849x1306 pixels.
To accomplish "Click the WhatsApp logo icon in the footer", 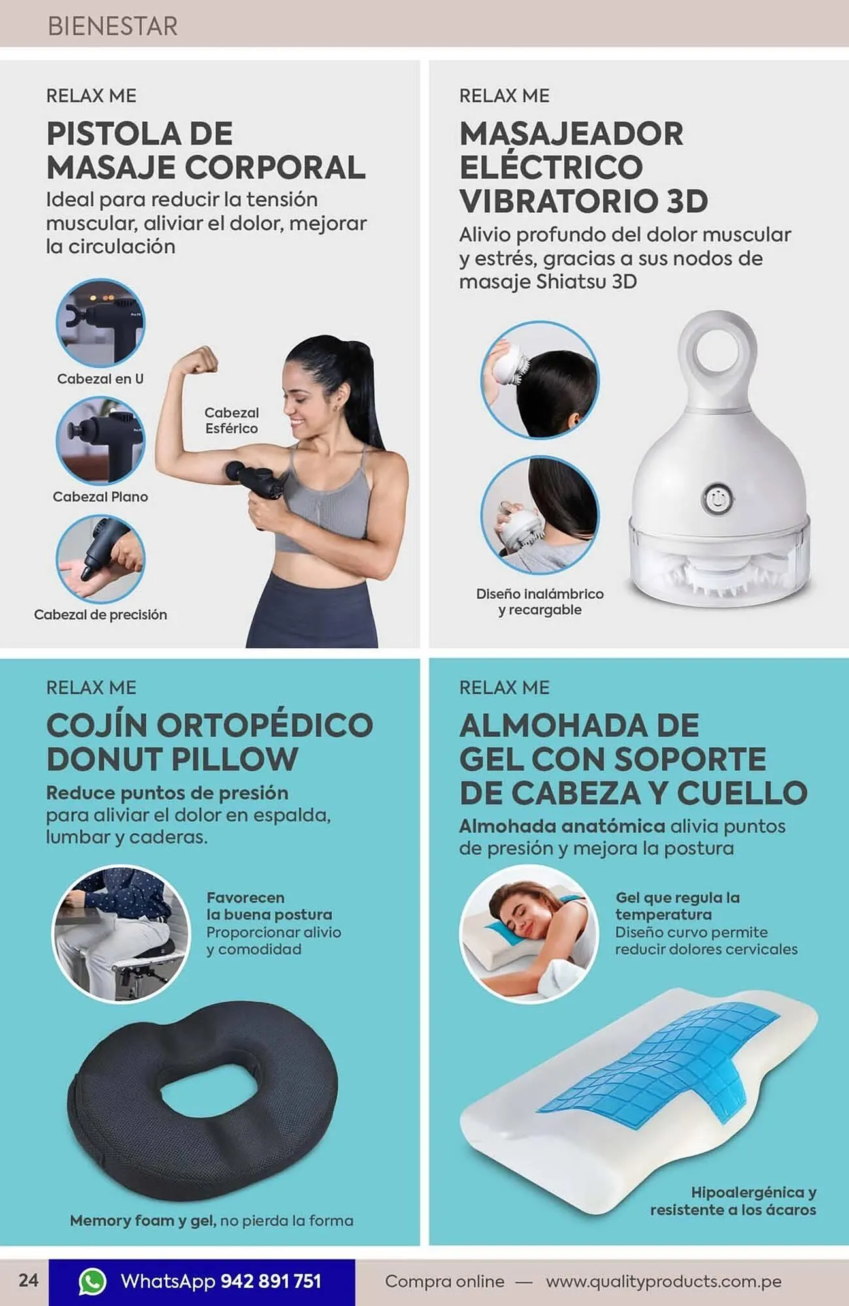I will pyautogui.click(x=92, y=1281).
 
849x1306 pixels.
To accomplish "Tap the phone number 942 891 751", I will pyautogui.click(x=271, y=1281).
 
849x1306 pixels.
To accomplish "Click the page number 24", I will pyautogui.click(x=28, y=1280).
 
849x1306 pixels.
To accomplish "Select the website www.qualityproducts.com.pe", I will pyautogui.click(x=663, y=1281).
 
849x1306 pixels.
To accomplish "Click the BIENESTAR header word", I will pyautogui.click(x=112, y=26).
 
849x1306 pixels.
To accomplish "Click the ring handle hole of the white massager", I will pyautogui.click(x=716, y=353).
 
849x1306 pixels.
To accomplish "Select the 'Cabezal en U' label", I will pyautogui.click(x=100, y=379).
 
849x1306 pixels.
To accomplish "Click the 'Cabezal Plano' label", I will pyautogui.click(x=100, y=497).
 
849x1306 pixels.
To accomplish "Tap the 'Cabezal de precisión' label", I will pyautogui.click(x=100, y=614).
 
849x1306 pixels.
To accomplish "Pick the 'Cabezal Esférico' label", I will pyautogui.click(x=231, y=421).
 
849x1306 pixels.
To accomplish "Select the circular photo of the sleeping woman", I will pyautogui.click(x=529, y=934).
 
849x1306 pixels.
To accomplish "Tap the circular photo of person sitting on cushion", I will pyautogui.click(x=120, y=934).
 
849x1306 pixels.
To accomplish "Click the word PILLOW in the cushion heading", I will pyautogui.click(x=235, y=759).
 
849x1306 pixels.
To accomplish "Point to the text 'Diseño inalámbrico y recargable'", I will pyautogui.click(x=539, y=601).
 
